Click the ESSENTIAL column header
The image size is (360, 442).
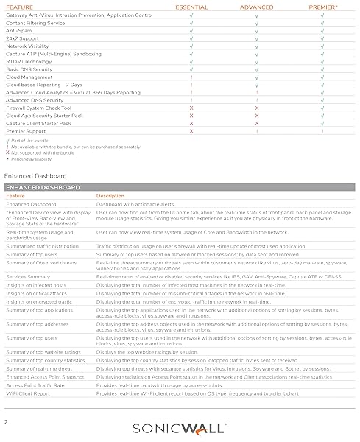pyautogui.click(x=191, y=6)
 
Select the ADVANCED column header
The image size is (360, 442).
pyautogui.click(x=257, y=6)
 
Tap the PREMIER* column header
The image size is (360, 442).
pyautogui.click(x=322, y=6)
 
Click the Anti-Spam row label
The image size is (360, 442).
pyautogui.click(x=19, y=30)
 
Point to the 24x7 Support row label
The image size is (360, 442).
pyautogui.click(x=22, y=38)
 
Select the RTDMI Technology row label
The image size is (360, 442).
pyautogui.click(x=29, y=61)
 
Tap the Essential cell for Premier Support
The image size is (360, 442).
pyautogui.click(x=191, y=130)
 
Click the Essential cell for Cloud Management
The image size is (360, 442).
pyautogui.click(x=191, y=77)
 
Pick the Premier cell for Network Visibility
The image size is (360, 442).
pyautogui.click(x=322, y=46)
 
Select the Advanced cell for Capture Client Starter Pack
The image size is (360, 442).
pyautogui.click(x=257, y=123)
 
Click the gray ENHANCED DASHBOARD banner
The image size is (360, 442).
pyautogui.click(x=180, y=188)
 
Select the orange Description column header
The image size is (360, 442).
pyautogui.click(x=110, y=196)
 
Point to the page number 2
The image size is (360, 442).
pyautogui.click(x=6, y=422)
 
